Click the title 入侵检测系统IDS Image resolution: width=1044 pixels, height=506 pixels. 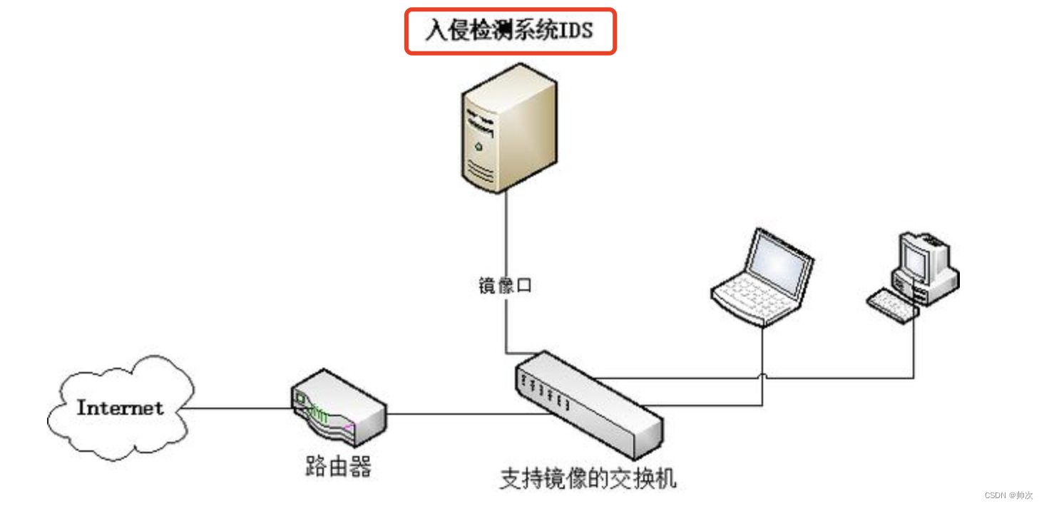click(x=510, y=31)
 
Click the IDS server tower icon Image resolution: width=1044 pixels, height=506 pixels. click(x=507, y=128)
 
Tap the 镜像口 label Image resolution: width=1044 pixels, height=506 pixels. click(x=505, y=286)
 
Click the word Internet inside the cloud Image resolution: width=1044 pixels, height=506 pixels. click(x=120, y=408)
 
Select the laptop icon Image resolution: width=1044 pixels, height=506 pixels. click(x=763, y=278)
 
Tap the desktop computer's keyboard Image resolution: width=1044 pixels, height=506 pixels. click(x=892, y=305)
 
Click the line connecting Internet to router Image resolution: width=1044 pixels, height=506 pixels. click(x=235, y=408)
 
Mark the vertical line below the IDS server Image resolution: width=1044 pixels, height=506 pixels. click(x=506, y=235)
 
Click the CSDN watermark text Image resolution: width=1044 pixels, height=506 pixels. click(x=1008, y=495)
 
